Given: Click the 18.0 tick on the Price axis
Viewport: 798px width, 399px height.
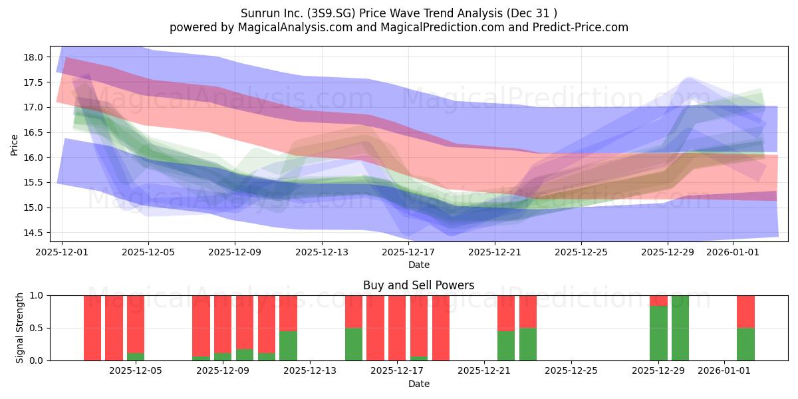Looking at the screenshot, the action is pos(33,57).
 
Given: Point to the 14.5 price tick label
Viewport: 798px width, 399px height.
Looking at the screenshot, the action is pos(33,233).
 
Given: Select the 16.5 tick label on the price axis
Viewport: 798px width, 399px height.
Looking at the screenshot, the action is pos(33,132).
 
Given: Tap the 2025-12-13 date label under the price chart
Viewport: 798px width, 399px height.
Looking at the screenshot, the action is pos(322,252).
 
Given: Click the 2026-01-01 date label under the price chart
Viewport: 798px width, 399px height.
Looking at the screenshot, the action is pos(733,252).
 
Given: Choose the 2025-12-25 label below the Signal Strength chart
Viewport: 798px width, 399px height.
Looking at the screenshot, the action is pos(571,370).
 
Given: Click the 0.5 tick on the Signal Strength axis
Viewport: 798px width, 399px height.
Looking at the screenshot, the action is pos(37,328).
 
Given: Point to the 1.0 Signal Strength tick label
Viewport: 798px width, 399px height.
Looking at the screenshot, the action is pos(37,296).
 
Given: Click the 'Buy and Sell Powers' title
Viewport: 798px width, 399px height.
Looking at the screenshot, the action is pos(418,285).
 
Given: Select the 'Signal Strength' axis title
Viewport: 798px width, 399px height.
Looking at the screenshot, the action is pos(19,328).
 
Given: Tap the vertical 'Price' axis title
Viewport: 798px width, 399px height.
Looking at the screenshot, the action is pos(14,145).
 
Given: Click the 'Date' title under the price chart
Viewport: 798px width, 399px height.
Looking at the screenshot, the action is pos(418,265).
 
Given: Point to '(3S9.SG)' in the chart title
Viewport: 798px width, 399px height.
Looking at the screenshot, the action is pos(332,13).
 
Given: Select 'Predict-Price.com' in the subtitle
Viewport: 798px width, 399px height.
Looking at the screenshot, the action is pos(581,27).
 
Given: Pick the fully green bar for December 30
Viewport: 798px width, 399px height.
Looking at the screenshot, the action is pos(680,328).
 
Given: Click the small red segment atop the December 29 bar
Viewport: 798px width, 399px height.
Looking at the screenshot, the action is pos(658,301).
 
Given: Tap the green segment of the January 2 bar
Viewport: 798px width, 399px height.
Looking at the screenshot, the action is pos(745,344).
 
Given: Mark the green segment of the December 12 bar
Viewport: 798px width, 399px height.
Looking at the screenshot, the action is pos(288,346).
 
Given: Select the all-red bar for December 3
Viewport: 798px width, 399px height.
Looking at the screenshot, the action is pos(114,328).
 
